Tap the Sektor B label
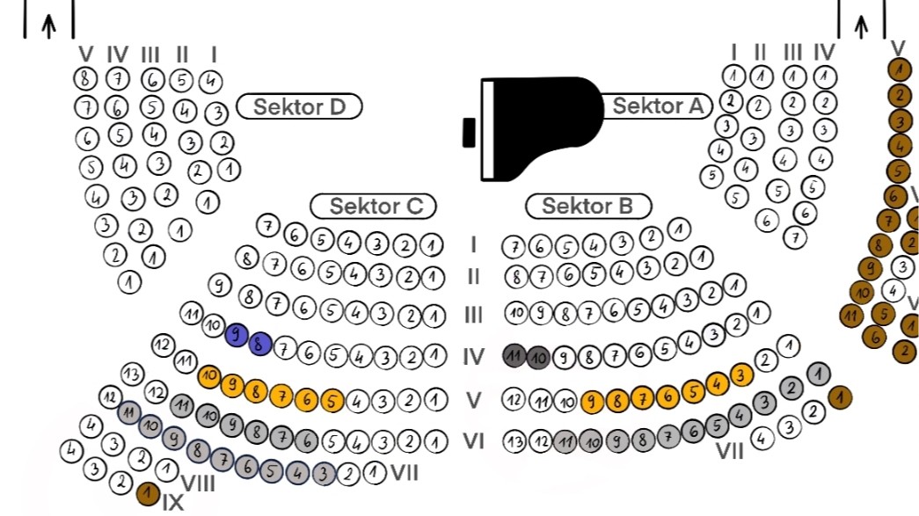point(588,207)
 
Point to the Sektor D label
point(299,107)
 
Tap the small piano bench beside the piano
point(470,131)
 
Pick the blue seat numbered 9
point(237,335)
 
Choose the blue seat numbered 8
point(260,344)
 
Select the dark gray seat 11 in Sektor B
point(514,356)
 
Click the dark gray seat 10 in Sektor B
point(538,357)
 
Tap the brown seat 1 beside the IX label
point(148,494)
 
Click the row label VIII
point(198,483)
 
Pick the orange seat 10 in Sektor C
point(209,376)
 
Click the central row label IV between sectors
point(474,357)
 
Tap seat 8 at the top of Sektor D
point(85,78)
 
